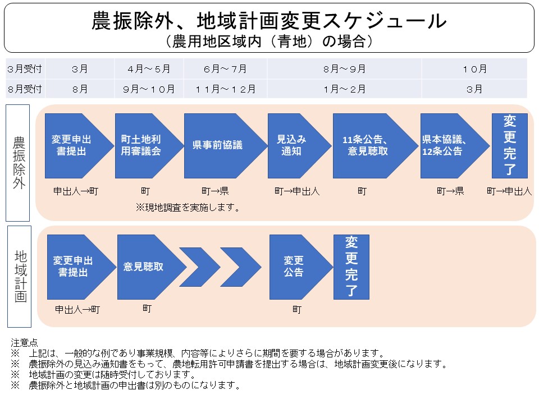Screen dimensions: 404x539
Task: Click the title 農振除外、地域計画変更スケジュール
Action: coord(269,21)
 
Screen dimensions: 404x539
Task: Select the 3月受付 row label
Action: coord(25,70)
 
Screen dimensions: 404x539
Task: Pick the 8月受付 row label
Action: coord(25,89)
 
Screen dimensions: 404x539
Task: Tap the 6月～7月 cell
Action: coord(225,70)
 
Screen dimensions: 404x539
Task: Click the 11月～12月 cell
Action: coord(225,89)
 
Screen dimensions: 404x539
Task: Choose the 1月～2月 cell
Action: coord(344,89)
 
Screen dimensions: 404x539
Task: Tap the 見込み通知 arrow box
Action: coord(293,145)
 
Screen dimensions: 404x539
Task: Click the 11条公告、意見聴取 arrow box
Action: coord(368,145)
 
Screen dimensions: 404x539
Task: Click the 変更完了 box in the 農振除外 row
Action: coord(509,145)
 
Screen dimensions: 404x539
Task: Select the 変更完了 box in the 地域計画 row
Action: coord(351,267)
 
